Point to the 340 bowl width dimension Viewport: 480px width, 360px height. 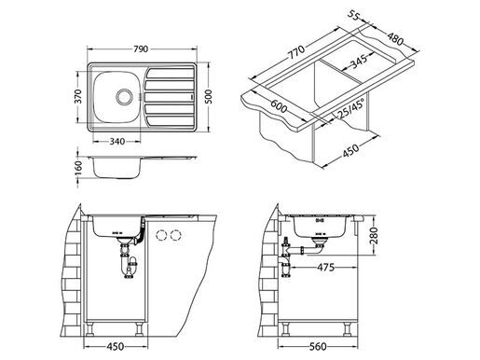coord(117,143)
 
